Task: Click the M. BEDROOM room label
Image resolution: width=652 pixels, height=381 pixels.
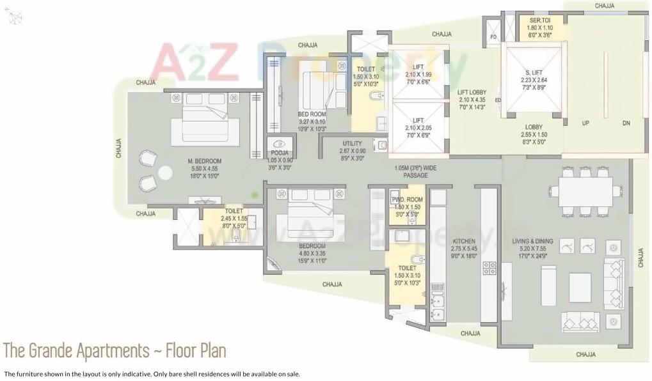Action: click(205, 160)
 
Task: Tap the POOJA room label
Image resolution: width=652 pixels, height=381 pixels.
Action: click(279, 153)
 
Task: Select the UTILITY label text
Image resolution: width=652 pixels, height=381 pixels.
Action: click(352, 143)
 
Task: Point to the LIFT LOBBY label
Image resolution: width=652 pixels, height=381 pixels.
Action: click(472, 93)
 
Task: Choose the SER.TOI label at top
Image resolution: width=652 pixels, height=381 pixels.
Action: click(539, 20)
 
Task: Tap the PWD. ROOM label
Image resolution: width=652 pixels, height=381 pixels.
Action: click(407, 199)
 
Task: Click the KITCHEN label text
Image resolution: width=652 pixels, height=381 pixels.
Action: click(463, 241)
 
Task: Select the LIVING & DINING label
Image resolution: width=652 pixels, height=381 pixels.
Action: click(532, 241)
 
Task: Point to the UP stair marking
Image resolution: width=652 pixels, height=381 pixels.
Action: click(585, 123)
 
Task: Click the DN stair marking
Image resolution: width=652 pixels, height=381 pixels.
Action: click(626, 123)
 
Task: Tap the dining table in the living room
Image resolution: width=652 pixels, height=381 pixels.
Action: click(585, 191)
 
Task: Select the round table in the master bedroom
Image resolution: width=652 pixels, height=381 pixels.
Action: click(165, 173)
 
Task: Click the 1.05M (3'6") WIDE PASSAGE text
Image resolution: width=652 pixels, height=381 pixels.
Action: click(415, 171)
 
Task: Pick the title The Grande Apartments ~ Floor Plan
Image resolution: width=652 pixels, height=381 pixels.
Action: click(115, 351)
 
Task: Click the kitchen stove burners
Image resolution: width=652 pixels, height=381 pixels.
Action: click(489, 268)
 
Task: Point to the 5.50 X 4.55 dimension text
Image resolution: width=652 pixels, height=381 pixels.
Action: click(205, 168)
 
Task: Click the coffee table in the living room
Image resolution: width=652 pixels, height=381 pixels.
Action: click(580, 287)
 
